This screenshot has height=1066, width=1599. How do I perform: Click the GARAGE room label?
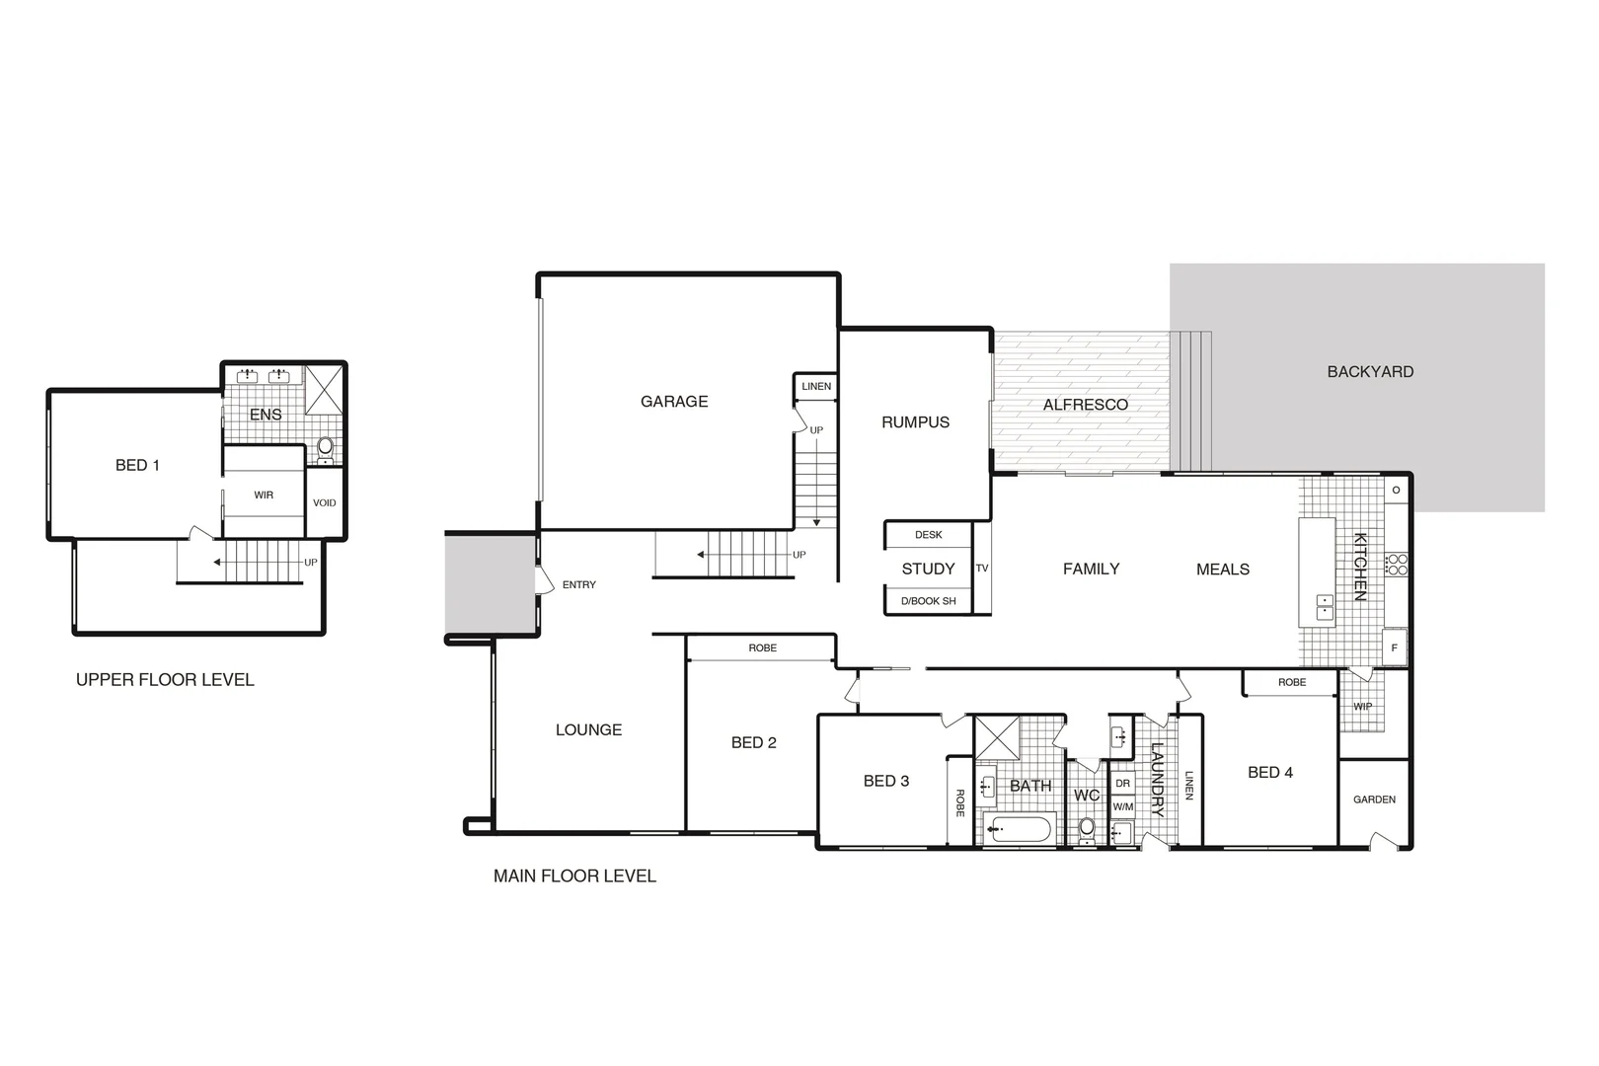click(674, 402)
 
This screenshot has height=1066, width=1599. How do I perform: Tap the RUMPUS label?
click(915, 422)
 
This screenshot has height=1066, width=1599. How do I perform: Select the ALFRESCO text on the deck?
click(1085, 405)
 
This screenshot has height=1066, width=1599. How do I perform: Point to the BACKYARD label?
click(1370, 372)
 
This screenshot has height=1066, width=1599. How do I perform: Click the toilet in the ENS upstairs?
click(325, 449)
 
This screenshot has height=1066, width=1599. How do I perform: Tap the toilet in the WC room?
click(1087, 828)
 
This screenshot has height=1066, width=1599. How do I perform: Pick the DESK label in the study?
click(928, 535)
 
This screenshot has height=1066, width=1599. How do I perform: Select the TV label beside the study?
click(981, 569)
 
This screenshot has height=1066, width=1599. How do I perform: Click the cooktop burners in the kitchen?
click(1397, 565)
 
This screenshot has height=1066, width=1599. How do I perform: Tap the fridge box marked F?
click(1394, 648)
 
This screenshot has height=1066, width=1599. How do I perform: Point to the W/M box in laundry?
click(1123, 806)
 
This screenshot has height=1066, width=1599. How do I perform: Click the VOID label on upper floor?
click(324, 503)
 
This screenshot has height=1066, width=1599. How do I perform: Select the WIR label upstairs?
click(264, 495)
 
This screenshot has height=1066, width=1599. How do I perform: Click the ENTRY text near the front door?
click(578, 585)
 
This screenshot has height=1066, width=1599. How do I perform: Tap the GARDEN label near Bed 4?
click(1374, 799)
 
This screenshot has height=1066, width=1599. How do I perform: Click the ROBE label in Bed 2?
click(762, 648)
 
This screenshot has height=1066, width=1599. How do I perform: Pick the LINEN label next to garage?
click(815, 386)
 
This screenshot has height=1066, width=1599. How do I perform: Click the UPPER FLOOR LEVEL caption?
click(165, 680)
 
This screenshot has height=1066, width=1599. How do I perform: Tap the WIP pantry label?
click(1362, 707)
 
